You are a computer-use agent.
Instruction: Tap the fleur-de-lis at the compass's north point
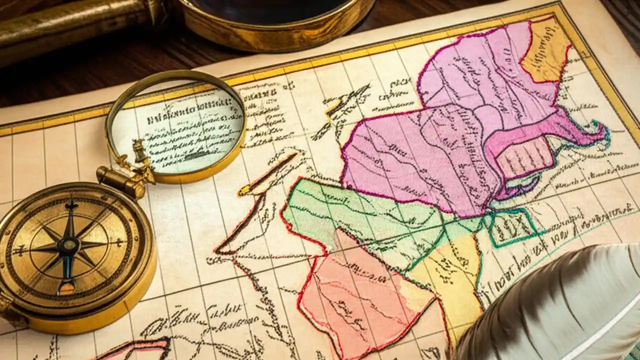click(71, 205)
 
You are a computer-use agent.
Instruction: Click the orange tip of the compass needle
click(66, 287)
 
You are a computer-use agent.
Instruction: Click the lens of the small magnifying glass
click(177, 127)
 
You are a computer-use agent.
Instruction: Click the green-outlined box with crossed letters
click(512, 227)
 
